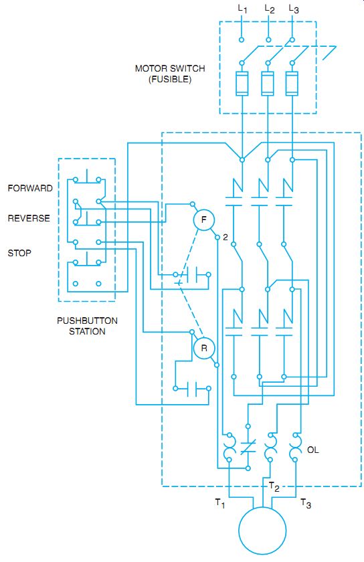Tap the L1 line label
point(243,9)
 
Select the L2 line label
point(270,9)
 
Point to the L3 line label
point(294,9)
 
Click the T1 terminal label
point(220,503)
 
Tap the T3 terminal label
point(306,503)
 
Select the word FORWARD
point(30,188)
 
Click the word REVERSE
point(29,218)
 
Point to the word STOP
point(19,253)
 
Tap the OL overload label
point(312,450)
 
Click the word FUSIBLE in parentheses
point(170,79)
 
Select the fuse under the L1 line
point(242,84)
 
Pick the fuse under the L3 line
point(292,84)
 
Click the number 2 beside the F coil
point(225,237)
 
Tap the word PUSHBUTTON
point(87,320)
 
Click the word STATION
point(87,331)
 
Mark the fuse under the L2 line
point(268,84)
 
